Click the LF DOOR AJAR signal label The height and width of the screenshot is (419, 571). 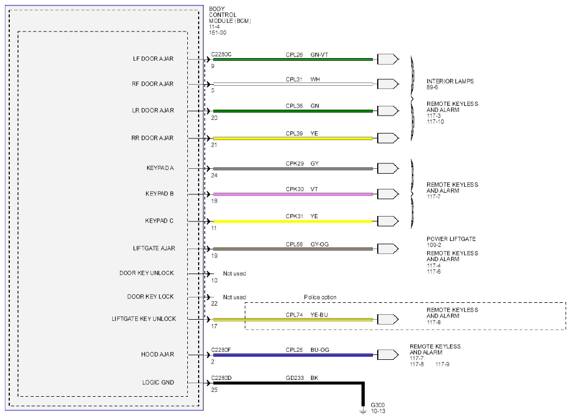(x=153, y=59)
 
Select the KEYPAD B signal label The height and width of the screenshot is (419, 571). (x=160, y=194)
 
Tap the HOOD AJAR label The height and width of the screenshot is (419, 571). (x=158, y=354)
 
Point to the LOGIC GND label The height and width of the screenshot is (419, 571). (x=158, y=382)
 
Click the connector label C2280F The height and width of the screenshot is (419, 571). (x=221, y=350)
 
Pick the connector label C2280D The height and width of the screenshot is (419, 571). (x=221, y=378)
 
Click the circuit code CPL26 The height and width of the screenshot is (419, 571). (x=294, y=55)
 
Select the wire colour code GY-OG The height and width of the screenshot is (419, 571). (x=320, y=244)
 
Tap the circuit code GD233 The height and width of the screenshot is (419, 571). (x=295, y=378)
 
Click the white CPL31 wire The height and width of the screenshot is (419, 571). (x=293, y=84)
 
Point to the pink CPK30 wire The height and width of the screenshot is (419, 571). (x=293, y=194)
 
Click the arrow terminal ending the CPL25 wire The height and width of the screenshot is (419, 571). (x=388, y=354)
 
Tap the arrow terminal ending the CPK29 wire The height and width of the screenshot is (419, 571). (x=388, y=169)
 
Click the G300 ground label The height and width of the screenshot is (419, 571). (x=378, y=405)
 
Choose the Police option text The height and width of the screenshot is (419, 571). (x=320, y=297)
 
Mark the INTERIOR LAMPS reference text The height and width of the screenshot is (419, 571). (x=450, y=81)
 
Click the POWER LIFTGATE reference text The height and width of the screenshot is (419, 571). (x=451, y=239)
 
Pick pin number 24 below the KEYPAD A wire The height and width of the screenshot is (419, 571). (x=214, y=175)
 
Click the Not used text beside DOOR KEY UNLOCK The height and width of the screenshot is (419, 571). (x=234, y=274)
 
